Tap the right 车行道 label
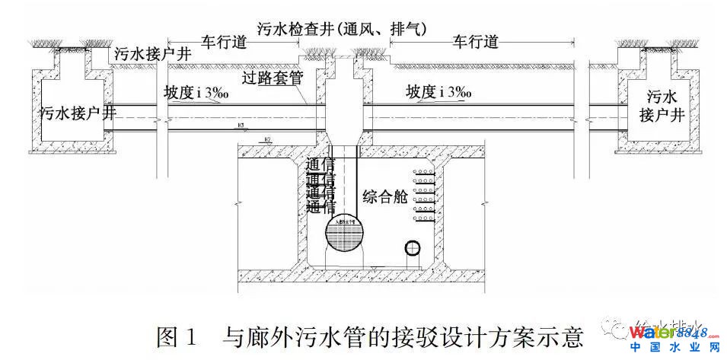[x=475, y=42]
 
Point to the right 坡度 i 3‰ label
[x=438, y=93]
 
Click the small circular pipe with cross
[x=412, y=248]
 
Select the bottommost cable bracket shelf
[x=425, y=218]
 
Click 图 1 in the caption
[x=177, y=335]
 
